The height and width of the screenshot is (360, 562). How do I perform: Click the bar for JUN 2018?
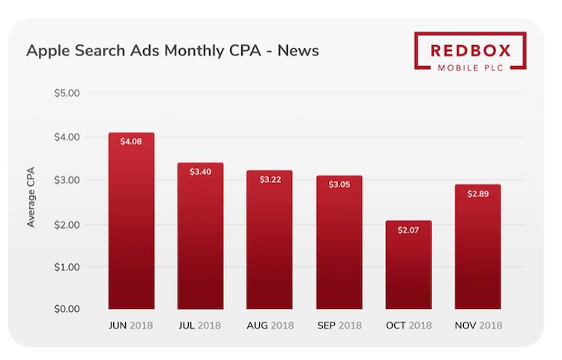coord(131,225)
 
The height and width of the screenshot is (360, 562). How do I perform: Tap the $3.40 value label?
coord(200,172)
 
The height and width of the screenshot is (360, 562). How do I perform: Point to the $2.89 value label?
coord(477,193)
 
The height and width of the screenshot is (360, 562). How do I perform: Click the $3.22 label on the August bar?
coord(270,179)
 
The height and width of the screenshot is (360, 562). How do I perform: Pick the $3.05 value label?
coord(339,184)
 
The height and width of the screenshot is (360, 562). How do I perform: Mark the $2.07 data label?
coord(408,229)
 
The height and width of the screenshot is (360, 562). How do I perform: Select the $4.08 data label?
coord(131,141)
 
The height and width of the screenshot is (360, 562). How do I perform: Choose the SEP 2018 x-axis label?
coord(339,325)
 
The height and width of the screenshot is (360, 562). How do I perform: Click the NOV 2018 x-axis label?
coord(478,325)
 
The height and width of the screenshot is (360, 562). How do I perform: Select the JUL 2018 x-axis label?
coord(200,325)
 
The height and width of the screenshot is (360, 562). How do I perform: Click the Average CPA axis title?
coord(31,201)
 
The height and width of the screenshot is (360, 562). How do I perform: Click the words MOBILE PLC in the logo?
coord(471,68)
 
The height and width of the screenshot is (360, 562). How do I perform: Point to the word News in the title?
coord(299,51)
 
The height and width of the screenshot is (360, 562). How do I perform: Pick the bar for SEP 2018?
coord(339,247)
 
